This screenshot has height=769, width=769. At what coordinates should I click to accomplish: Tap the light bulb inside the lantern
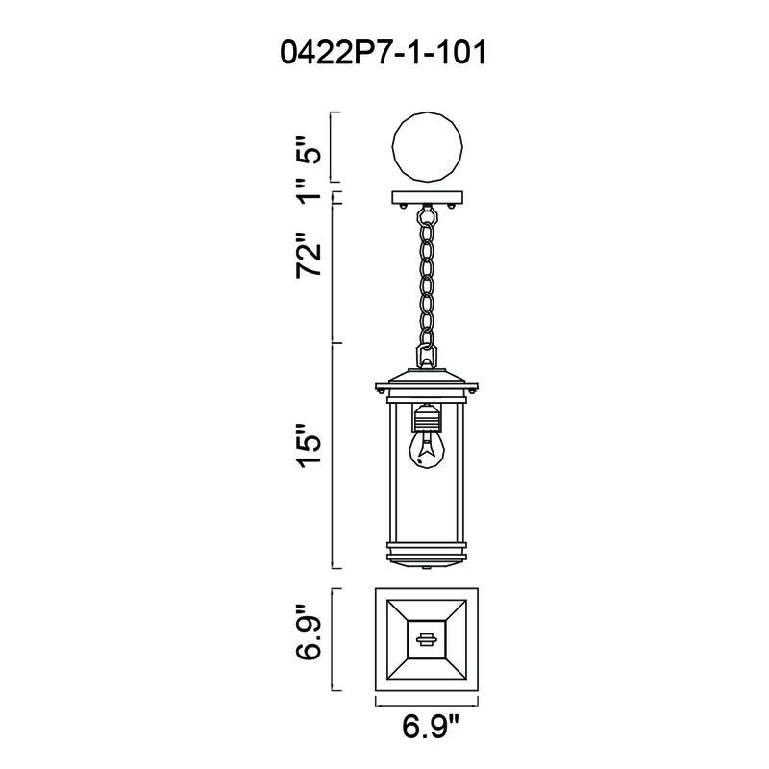click(x=427, y=452)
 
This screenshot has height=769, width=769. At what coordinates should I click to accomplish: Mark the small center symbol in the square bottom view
click(x=427, y=637)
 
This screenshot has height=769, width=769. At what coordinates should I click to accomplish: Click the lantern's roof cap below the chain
click(x=427, y=377)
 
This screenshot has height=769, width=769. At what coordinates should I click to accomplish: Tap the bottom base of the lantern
click(x=427, y=556)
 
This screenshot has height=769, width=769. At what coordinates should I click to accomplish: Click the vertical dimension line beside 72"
click(x=332, y=274)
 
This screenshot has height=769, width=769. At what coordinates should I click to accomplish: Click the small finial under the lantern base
click(x=427, y=568)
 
